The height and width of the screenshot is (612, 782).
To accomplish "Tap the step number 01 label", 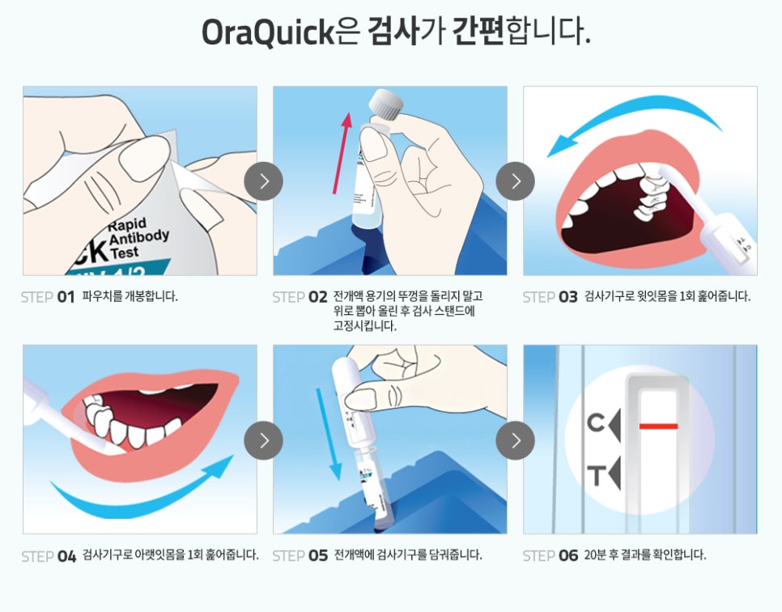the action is point(66,297).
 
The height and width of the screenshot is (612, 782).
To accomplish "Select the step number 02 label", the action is point(317,297).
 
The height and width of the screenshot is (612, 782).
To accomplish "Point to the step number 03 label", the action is point(568,297).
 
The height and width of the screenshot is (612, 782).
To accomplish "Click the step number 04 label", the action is point(67,556).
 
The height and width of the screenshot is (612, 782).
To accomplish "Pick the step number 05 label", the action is point(318,555).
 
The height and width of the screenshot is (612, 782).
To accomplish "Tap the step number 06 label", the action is point(568,555).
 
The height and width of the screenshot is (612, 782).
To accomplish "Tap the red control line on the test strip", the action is point(658,427).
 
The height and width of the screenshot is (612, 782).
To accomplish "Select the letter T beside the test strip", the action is point(596,476).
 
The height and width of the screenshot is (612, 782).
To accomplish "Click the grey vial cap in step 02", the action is point(385,104).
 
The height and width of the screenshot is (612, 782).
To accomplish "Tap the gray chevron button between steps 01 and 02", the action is point(263,181).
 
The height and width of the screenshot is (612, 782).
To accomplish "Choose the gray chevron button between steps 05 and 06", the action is point(515,440).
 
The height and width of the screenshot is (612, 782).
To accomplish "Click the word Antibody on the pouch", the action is point(139,237).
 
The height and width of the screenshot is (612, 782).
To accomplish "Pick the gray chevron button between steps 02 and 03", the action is point(515,181).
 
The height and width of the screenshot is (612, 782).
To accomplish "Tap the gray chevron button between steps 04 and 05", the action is point(263,440).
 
